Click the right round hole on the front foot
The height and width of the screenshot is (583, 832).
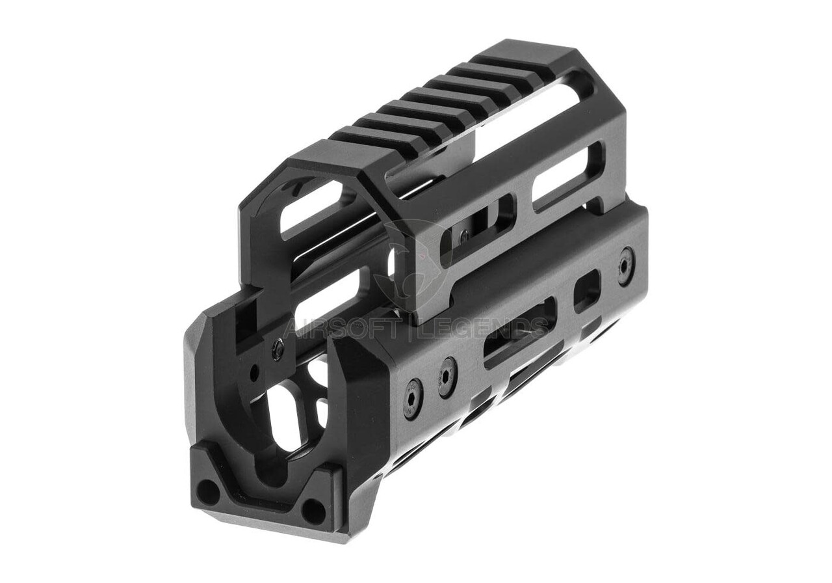pyautogui.click(x=314, y=511)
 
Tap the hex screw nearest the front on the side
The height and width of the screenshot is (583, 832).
pyautogui.click(x=413, y=399)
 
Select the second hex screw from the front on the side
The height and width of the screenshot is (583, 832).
pyautogui.click(x=447, y=377)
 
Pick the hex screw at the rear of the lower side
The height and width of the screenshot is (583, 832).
pyautogui.click(x=626, y=265)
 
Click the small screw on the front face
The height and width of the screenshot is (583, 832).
pyautogui.click(x=278, y=350)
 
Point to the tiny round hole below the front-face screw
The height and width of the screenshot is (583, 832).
pyautogui.click(x=254, y=373)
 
